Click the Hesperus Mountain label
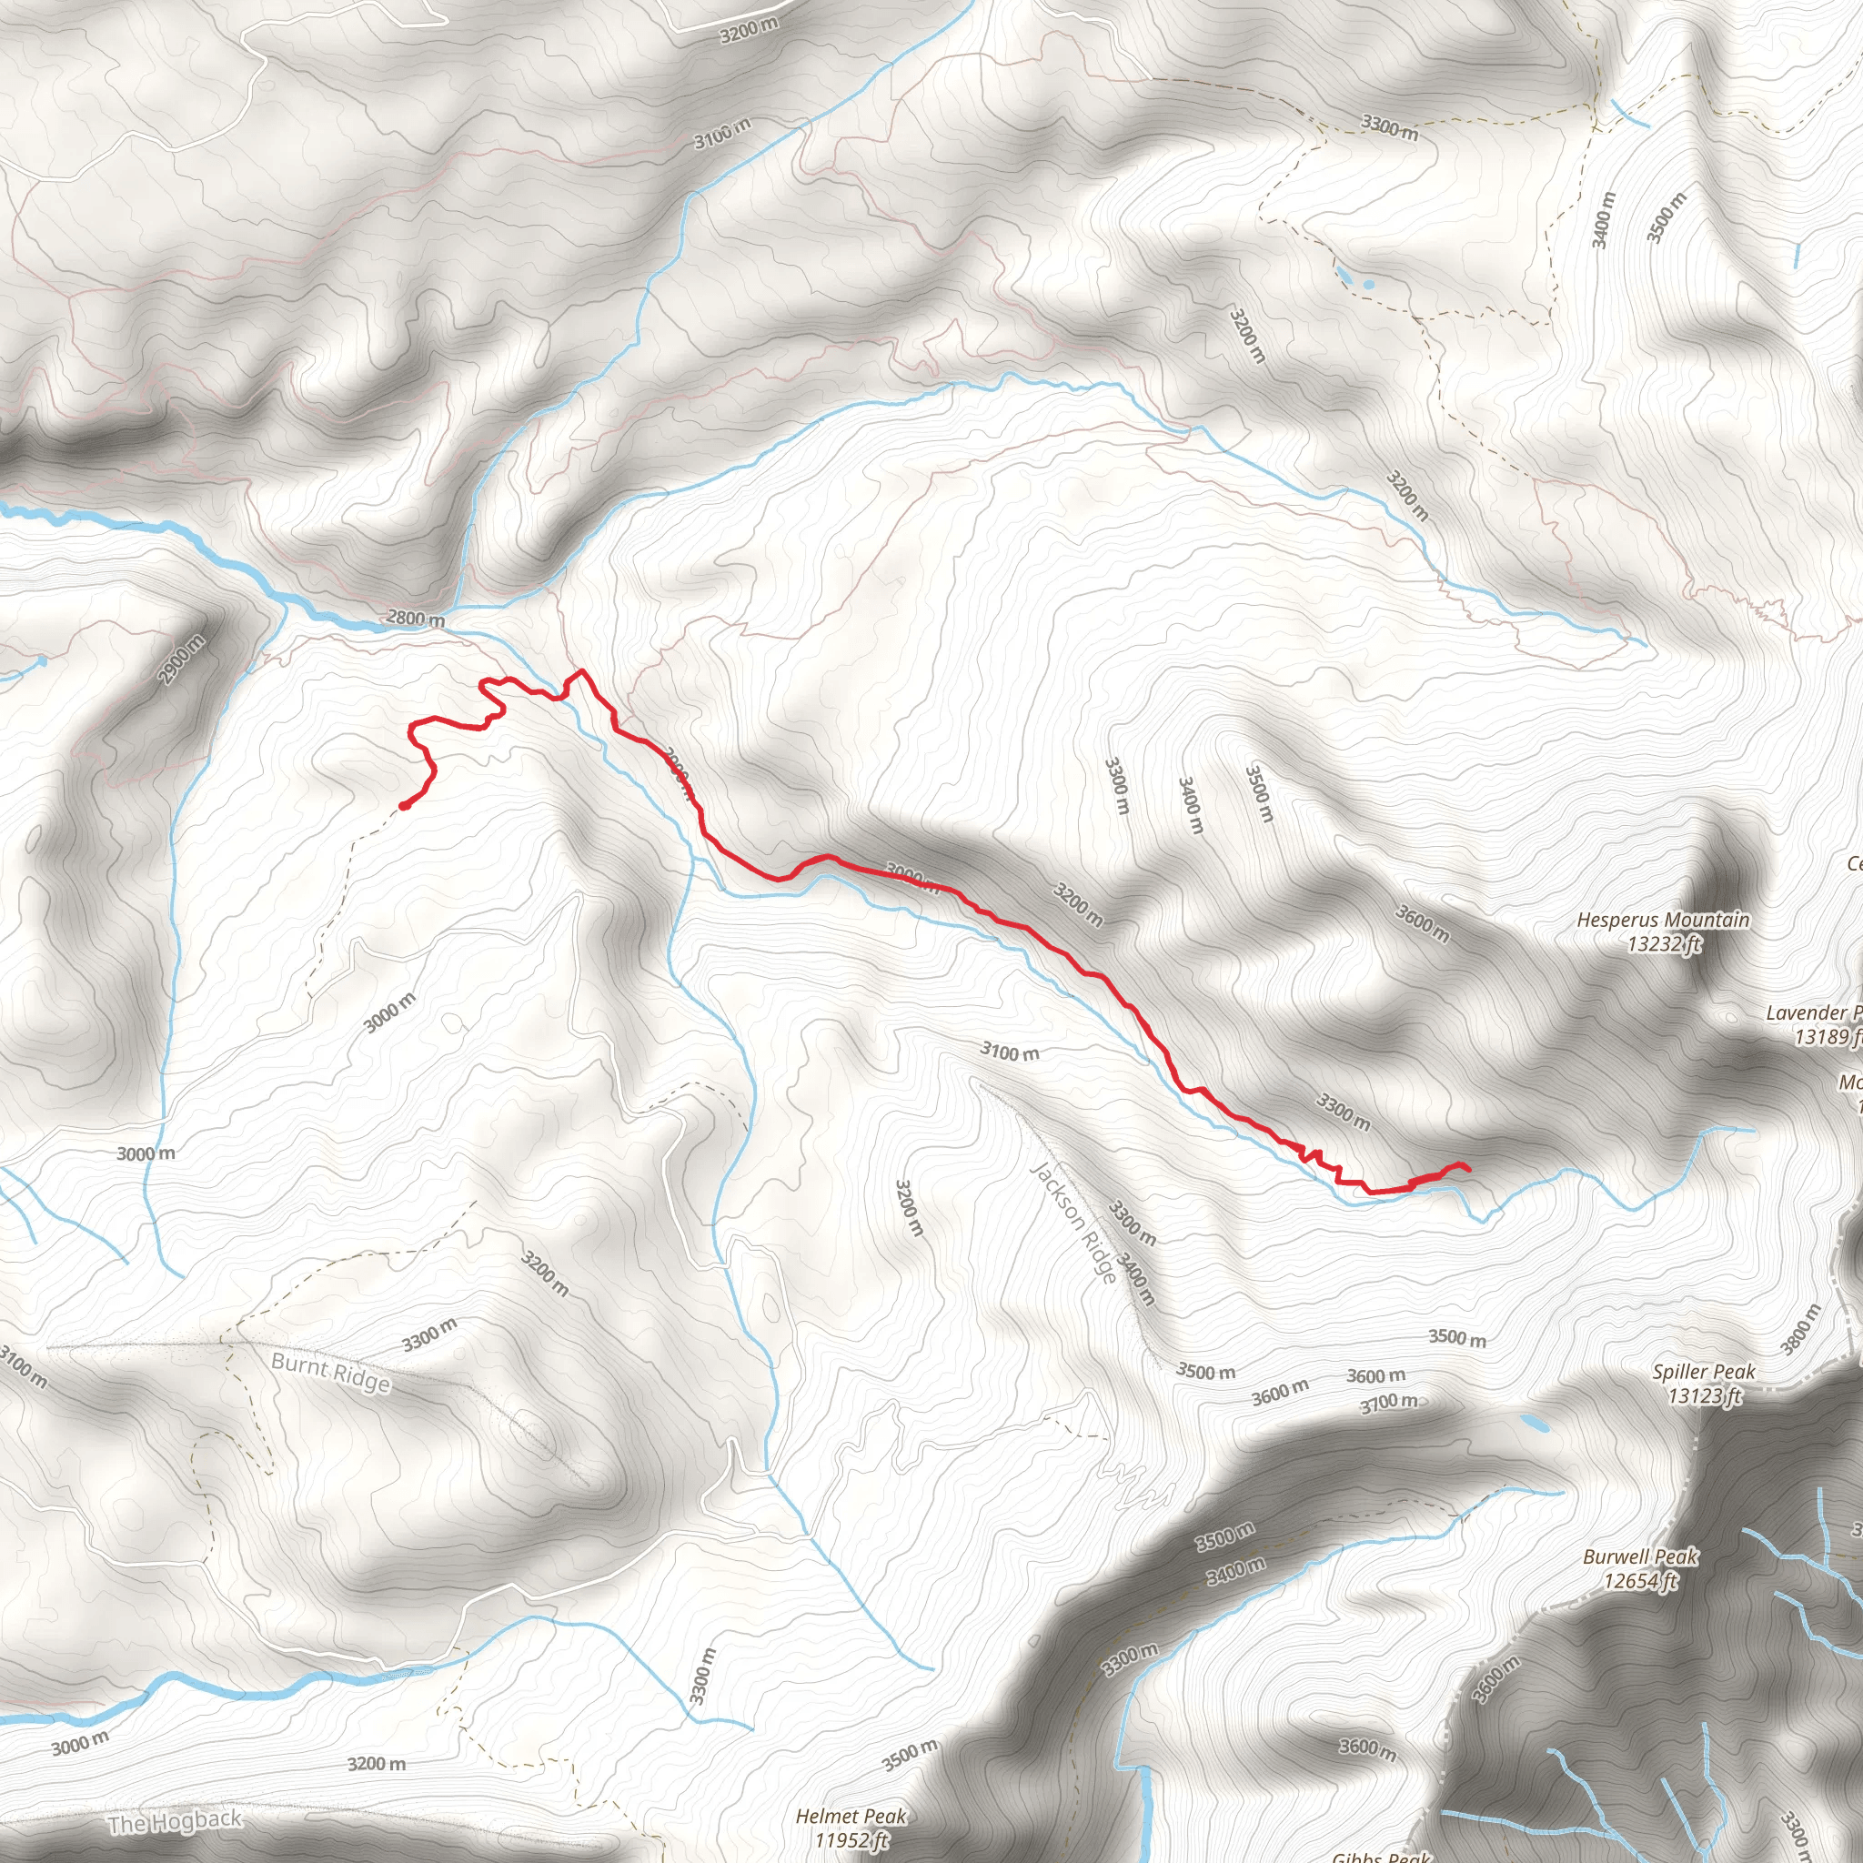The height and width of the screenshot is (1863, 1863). (x=1663, y=920)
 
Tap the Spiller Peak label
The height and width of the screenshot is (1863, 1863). (x=1703, y=1371)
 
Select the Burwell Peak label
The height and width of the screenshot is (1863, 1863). (x=1640, y=1556)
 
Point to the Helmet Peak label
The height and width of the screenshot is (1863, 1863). (x=851, y=1817)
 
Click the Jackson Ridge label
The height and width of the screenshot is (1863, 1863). (x=1073, y=1223)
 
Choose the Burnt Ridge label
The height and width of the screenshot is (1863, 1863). (x=331, y=1372)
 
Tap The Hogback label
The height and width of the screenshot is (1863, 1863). (x=175, y=1821)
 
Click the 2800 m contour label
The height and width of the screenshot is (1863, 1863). (x=416, y=618)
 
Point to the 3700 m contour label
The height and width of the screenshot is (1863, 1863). (x=1388, y=1402)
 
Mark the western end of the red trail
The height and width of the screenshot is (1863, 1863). (x=403, y=806)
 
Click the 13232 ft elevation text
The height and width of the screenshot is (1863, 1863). (x=1665, y=944)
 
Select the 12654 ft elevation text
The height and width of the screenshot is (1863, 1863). (x=1640, y=1580)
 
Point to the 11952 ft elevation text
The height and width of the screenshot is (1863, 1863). (x=851, y=1840)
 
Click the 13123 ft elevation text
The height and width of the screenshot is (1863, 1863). (x=1705, y=1395)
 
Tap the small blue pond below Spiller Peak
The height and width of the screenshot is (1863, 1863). (x=1530, y=1422)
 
